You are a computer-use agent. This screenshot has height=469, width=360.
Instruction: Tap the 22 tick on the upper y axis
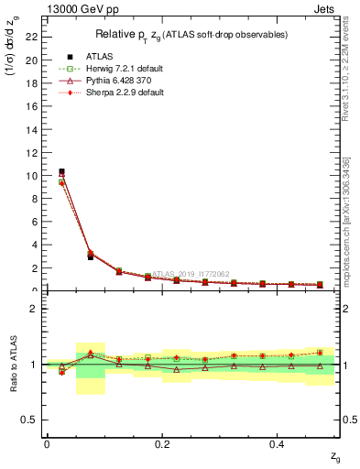(x=34, y=38)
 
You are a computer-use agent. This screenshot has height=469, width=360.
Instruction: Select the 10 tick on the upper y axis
(x=34, y=176)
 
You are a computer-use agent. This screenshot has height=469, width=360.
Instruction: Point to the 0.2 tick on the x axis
(x=161, y=443)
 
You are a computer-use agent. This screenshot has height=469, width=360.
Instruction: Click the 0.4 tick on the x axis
(x=276, y=443)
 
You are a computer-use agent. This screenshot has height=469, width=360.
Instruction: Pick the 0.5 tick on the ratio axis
(x=32, y=420)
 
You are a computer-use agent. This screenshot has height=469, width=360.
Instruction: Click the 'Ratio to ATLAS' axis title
(x=13, y=364)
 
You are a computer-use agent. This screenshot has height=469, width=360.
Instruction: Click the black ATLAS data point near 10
(x=61, y=171)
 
